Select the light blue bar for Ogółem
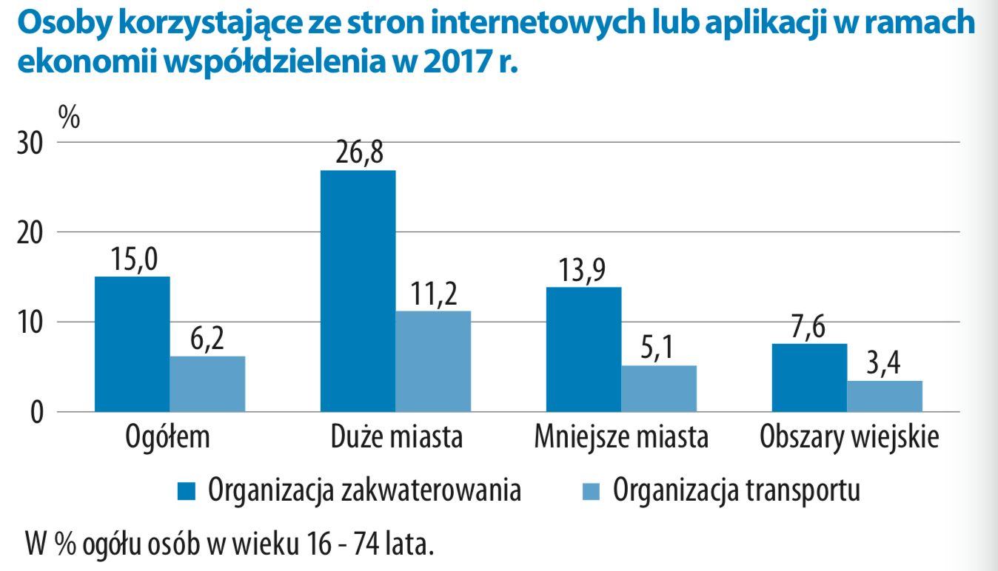[x=207, y=384]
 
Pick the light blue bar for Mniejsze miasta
[x=659, y=388]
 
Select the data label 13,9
[x=583, y=272]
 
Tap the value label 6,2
[x=207, y=341]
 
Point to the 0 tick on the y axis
[x=36, y=412]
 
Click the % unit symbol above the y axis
[x=69, y=116]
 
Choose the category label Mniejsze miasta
[x=621, y=438]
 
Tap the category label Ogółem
[x=168, y=438]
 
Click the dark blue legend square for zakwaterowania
[x=187, y=490]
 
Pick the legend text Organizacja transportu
[x=737, y=490]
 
